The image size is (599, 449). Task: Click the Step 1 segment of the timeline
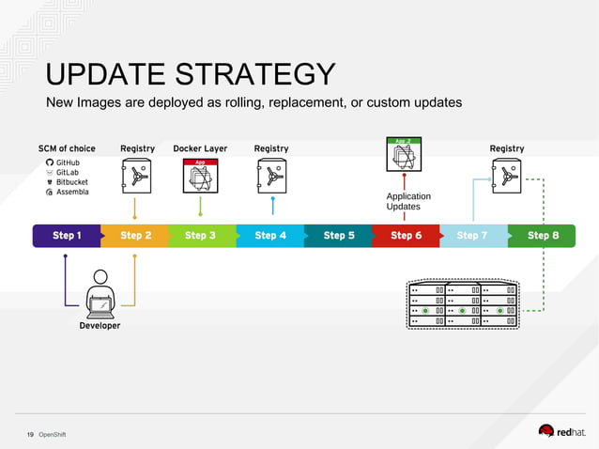tap(66, 236)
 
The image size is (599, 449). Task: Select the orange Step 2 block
tap(134, 236)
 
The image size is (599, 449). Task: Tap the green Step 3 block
tap(201, 236)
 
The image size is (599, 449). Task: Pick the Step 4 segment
tap(270, 236)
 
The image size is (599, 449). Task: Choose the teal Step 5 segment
tap(339, 236)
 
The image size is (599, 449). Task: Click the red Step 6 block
tap(406, 236)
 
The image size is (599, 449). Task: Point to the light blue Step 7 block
tap(472, 236)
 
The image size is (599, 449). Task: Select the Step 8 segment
tap(543, 236)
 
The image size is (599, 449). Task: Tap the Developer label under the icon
tap(100, 326)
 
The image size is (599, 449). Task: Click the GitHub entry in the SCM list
tap(68, 163)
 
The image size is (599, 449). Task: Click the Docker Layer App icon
tap(200, 177)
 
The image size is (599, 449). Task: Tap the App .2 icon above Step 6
tap(404, 153)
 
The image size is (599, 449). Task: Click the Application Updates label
tap(408, 201)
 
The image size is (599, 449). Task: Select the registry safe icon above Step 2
tap(137, 176)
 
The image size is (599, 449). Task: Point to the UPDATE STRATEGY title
tap(191, 74)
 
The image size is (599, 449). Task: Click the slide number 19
tap(30, 434)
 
